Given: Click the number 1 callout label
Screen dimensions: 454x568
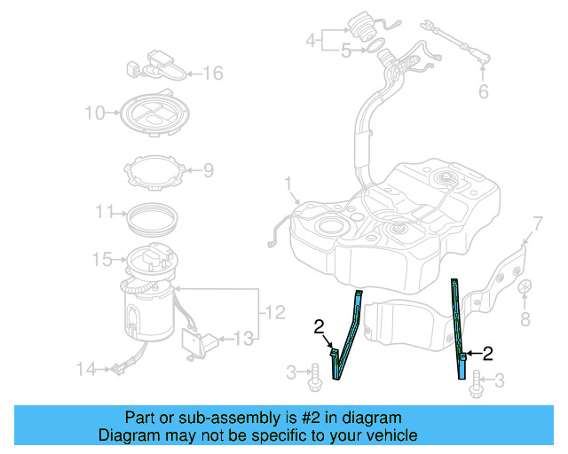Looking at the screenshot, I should click(x=288, y=184).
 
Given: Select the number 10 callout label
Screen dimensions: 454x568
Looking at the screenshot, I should click(x=94, y=113).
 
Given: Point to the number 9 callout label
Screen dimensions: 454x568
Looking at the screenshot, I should click(x=208, y=169).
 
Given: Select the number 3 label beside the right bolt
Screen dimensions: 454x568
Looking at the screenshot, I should click(x=499, y=380).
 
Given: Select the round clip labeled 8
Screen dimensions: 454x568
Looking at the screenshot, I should click(x=525, y=288).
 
